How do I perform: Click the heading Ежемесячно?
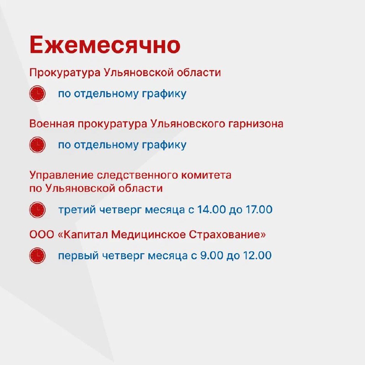pyautogui.click(x=105, y=44)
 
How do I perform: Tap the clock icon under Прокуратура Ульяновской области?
pyautogui.click(x=37, y=94)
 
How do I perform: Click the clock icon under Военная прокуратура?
pyautogui.click(x=37, y=145)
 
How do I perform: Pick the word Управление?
pyautogui.click(x=61, y=176)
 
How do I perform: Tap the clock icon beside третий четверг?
pyautogui.click(x=37, y=210)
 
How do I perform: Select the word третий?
pyautogui.click(x=77, y=210)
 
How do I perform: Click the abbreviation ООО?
pyautogui.click(x=42, y=235)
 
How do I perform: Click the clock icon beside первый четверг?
pyautogui.click(x=37, y=255)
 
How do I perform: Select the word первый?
pyautogui.click(x=78, y=256)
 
